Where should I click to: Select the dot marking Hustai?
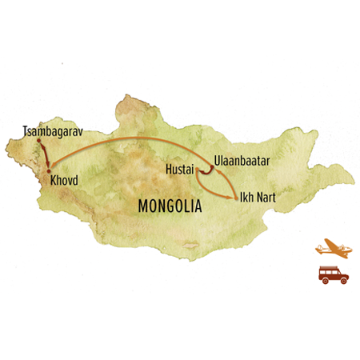pos(198,170)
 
